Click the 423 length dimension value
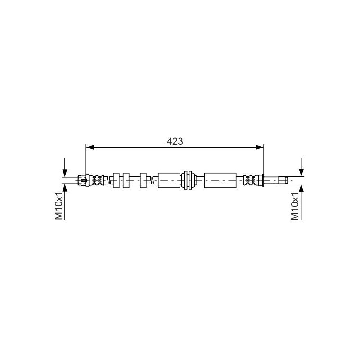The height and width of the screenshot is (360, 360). pos(175,141)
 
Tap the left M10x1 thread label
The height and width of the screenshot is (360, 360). pos(59,206)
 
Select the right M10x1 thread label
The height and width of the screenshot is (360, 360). pos(295,206)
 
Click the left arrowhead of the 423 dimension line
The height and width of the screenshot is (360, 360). pos(90,148)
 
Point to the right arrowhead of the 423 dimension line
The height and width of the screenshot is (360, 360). pos(260,148)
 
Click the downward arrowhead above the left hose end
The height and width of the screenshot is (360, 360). pos(65,173)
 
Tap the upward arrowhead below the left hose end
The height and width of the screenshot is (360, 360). pos(65,188)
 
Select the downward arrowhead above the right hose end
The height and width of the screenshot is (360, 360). pos(301,173)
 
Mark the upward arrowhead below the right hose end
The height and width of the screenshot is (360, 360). pos(301,188)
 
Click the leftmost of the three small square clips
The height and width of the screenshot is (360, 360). pos(116,180)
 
